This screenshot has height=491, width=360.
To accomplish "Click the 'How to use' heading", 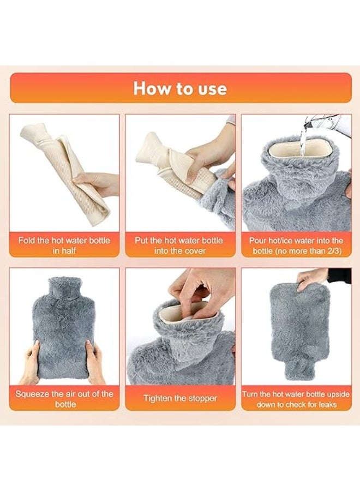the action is coord(180,88).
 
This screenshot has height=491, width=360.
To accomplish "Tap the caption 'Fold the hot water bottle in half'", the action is coord(64,245).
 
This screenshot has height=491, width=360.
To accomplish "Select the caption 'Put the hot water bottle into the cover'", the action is coord(179,245).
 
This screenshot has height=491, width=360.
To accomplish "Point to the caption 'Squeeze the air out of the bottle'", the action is coord(64,399).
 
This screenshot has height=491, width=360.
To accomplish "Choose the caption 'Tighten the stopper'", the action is coord(180,398).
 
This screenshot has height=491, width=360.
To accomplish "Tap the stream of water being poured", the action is coord(302,141).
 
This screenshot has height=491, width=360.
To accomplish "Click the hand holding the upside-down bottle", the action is coord(311,279).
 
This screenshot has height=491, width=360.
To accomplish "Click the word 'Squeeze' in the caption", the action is coord(31,394).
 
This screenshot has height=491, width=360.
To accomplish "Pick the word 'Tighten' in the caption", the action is coord(157,399).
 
